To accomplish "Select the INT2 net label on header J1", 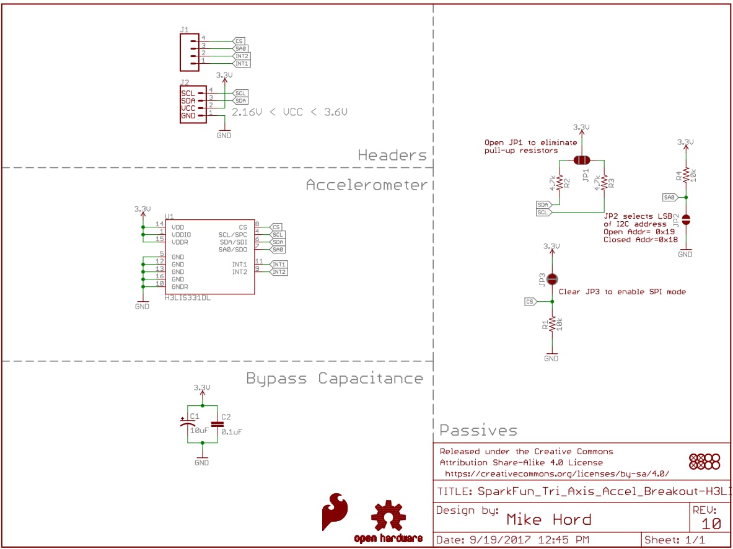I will point(242,56).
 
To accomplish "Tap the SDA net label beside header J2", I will point(240,100).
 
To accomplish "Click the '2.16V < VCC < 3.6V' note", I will point(289,113).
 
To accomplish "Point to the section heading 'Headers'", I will point(392,155).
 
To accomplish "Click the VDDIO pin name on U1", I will point(182,235).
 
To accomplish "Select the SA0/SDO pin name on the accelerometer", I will point(233,250).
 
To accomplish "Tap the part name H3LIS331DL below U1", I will point(187,299).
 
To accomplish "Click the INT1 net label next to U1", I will point(279,265).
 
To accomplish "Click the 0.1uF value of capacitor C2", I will point(231,432).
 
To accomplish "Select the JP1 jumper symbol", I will point(581,160).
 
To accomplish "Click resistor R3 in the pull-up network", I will point(604,183).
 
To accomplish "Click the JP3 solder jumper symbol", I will point(551,279).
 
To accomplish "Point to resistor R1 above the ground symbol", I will point(551,323).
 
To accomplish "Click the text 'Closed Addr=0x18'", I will point(640,239).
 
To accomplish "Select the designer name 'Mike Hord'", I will point(549,520).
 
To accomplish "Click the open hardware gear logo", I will point(388,516).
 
